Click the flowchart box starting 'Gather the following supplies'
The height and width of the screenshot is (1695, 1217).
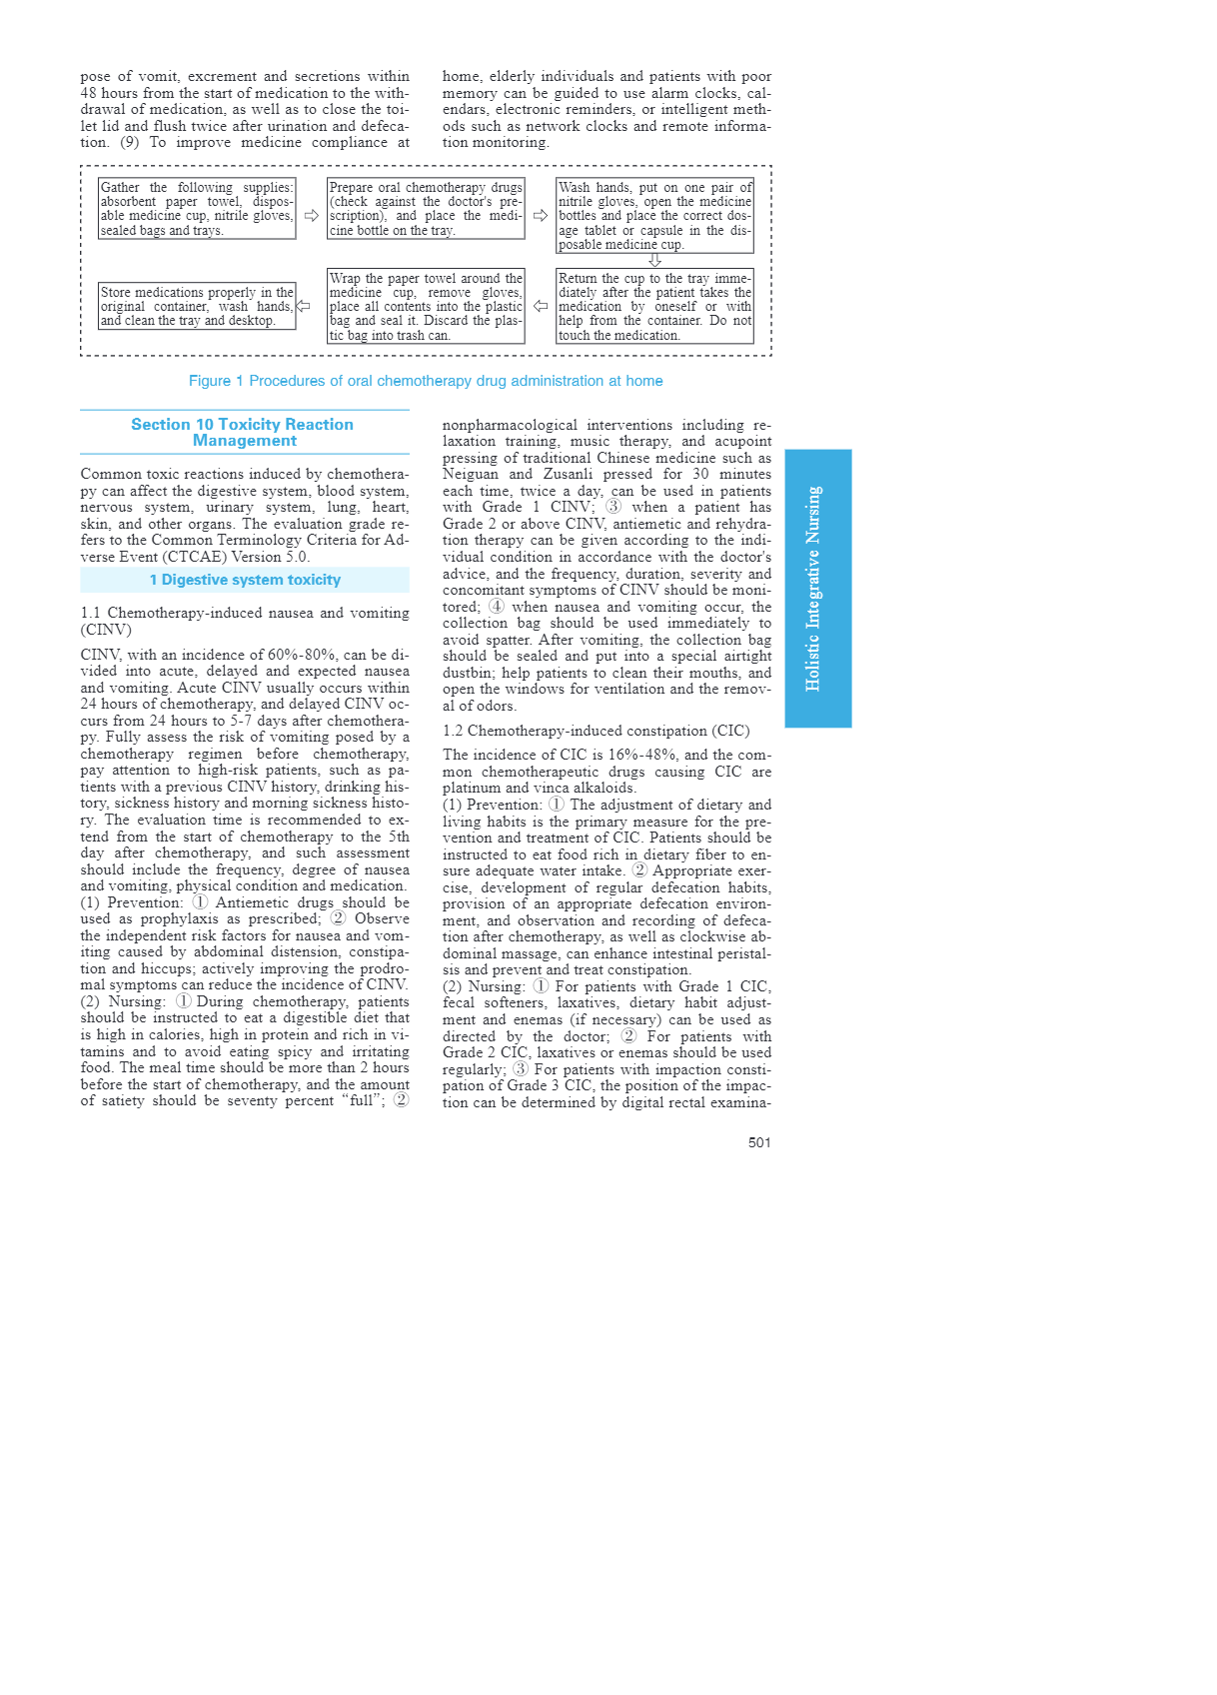point(197,209)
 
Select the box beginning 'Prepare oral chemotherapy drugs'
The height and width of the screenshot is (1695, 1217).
point(426,209)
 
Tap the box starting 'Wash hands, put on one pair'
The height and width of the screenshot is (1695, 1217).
point(654,216)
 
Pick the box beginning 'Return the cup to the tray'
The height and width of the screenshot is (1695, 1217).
point(654,307)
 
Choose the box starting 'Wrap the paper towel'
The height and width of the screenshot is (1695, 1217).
point(426,307)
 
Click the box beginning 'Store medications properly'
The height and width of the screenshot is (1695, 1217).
point(197,307)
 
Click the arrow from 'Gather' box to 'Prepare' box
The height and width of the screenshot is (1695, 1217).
point(312,216)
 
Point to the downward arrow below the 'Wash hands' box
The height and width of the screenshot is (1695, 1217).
point(655,261)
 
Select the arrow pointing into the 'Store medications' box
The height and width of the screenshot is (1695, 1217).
point(303,307)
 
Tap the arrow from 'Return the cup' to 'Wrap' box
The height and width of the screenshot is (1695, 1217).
point(541,307)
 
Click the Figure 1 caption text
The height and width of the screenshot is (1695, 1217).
point(426,381)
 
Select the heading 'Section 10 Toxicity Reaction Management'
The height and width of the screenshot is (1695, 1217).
point(243,433)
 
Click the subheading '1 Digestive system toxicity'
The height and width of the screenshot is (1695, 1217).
point(245,580)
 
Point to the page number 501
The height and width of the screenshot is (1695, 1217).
point(759,1142)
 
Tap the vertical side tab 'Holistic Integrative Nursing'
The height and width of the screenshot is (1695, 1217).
point(817,589)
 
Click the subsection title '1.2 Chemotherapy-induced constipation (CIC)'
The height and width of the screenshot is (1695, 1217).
point(596,731)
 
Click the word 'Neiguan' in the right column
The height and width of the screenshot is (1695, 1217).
point(470,475)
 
